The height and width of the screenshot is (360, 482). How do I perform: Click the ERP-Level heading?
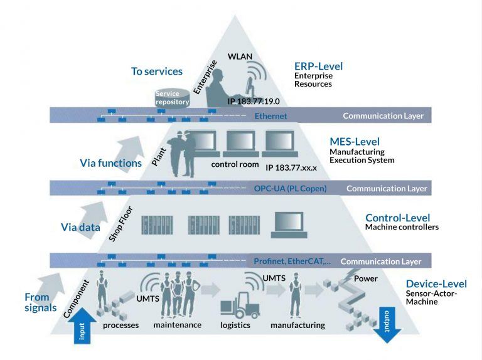click(x=318, y=66)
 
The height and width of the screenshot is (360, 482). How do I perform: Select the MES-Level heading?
click(x=355, y=142)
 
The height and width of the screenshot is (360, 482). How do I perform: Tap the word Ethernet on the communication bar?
click(x=270, y=116)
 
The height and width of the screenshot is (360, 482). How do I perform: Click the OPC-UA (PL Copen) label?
click(x=290, y=188)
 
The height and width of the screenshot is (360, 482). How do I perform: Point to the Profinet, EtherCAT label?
click(x=292, y=261)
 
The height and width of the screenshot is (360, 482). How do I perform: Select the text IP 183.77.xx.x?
click(x=291, y=168)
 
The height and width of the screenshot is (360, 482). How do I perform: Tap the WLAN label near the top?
click(x=240, y=56)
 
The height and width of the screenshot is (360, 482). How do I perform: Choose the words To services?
click(x=157, y=71)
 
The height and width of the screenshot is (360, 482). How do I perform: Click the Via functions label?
click(x=110, y=163)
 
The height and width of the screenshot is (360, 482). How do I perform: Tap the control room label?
click(x=235, y=165)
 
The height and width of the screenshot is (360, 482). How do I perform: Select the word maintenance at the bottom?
click(x=177, y=325)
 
